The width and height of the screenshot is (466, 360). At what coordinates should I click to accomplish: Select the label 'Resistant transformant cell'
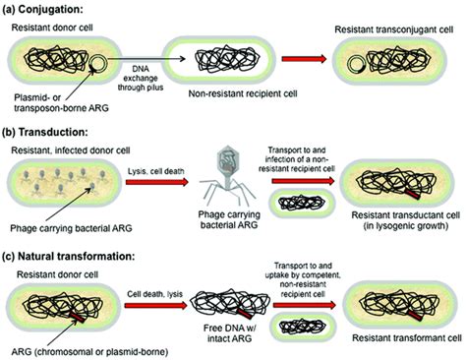pyautogui.click(x=398, y=341)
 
